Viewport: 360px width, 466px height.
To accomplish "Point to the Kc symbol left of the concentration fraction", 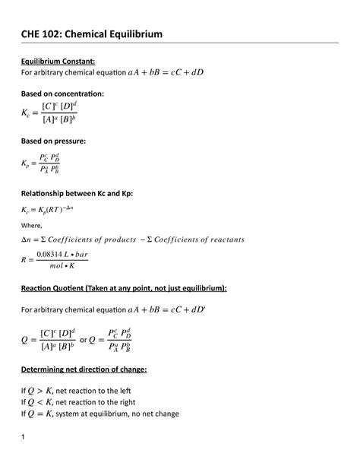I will coord(27,114).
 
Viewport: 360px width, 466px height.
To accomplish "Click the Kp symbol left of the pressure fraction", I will coord(27,163).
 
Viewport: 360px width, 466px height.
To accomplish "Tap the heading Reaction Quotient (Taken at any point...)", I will coord(124,290).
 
